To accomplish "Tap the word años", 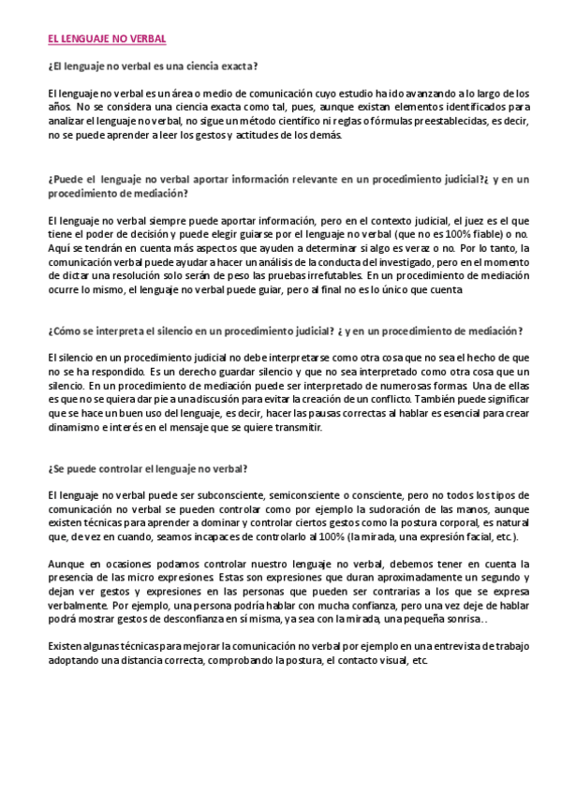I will click(59, 107).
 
